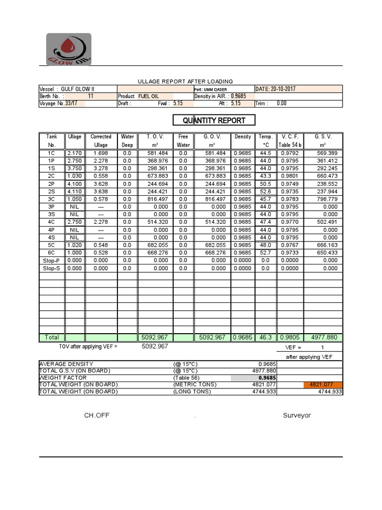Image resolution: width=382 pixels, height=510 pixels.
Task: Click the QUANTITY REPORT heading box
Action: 213,120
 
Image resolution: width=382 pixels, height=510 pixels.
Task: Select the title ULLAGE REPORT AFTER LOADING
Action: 185,81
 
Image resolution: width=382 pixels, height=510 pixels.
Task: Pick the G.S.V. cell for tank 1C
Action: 323,153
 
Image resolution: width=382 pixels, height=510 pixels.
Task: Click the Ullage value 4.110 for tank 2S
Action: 75,191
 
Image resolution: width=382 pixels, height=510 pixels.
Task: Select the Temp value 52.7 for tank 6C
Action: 265,253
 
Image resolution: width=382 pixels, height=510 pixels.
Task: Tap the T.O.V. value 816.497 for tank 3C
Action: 157,199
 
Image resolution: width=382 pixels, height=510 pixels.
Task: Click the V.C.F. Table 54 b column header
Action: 290,140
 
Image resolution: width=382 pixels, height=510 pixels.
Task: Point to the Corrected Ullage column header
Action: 101,140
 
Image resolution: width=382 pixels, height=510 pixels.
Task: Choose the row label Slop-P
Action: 52,260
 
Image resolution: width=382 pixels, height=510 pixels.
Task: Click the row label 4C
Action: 52,222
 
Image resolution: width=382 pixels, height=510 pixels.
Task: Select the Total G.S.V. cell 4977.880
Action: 323,337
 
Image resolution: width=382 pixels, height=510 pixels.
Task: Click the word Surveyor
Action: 297,415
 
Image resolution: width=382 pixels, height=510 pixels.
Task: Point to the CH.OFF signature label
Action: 96,415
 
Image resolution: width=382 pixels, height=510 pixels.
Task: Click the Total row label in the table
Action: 52,337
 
